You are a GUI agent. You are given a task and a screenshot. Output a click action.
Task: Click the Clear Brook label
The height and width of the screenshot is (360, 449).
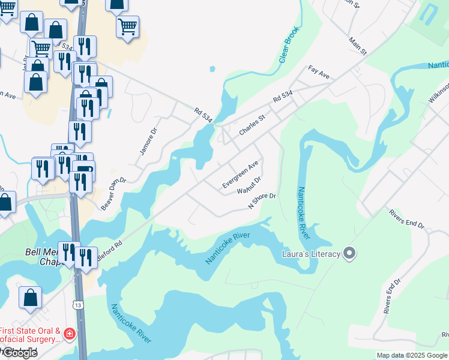click(x=289, y=46)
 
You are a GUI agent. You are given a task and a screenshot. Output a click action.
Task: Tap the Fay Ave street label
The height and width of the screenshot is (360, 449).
click(x=319, y=74)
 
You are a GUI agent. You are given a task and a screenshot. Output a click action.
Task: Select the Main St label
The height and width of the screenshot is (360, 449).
click(x=358, y=45)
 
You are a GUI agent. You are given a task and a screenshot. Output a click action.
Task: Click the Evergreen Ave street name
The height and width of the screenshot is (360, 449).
click(x=240, y=174)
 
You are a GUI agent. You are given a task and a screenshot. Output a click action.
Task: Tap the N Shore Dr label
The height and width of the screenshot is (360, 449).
click(x=262, y=200)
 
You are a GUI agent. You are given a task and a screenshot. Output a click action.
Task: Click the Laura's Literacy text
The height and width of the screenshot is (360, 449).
click(x=311, y=254)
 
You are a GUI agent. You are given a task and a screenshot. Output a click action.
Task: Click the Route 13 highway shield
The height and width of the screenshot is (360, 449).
click(x=79, y=305)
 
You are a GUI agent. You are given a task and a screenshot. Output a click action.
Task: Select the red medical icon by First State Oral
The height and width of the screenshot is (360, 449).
click(x=70, y=334)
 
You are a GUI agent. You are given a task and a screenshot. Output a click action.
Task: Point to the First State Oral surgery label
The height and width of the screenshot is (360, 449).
click(x=30, y=335)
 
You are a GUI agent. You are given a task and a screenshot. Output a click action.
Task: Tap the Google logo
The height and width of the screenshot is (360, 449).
click(x=19, y=353)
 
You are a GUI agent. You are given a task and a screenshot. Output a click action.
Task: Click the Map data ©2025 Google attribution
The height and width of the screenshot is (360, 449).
click(x=412, y=355)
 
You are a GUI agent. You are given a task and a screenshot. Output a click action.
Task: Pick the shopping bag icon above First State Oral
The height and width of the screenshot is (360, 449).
click(x=30, y=297)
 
